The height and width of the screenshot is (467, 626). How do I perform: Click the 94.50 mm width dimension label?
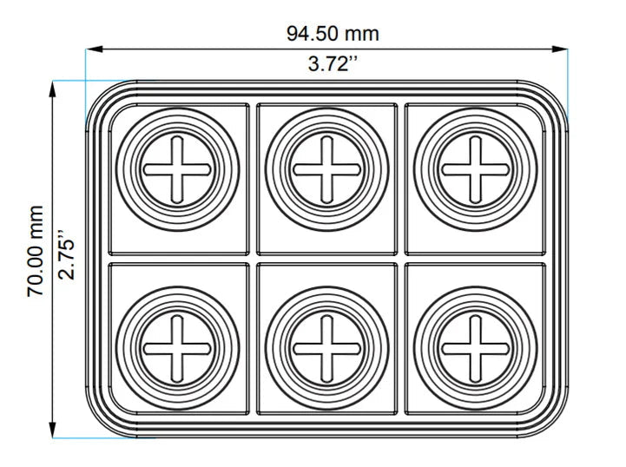[333, 34]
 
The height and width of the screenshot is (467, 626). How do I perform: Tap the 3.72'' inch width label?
[333, 64]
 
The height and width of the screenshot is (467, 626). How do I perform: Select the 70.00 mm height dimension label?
[35, 252]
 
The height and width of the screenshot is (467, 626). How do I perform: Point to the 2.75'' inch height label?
[66, 254]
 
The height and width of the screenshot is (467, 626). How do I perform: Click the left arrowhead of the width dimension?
[95, 49]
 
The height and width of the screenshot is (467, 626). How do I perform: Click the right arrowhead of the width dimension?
[559, 49]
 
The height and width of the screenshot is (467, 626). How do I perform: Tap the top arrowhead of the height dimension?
[52, 89]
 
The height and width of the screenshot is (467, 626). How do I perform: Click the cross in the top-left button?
[177, 169]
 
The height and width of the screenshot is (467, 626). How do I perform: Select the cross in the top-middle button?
[326, 169]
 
